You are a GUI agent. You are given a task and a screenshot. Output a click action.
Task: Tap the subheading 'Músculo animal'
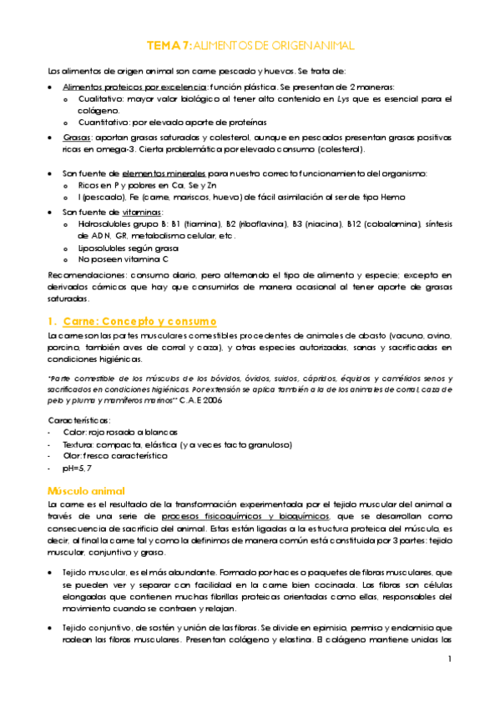(x=84, y=491)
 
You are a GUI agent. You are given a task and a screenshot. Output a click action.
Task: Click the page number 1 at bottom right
(x=449, y=659)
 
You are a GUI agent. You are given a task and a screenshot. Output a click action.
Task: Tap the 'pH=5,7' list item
(x=78, y=469)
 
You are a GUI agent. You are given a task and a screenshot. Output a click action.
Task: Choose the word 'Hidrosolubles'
(x=104, y=225)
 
